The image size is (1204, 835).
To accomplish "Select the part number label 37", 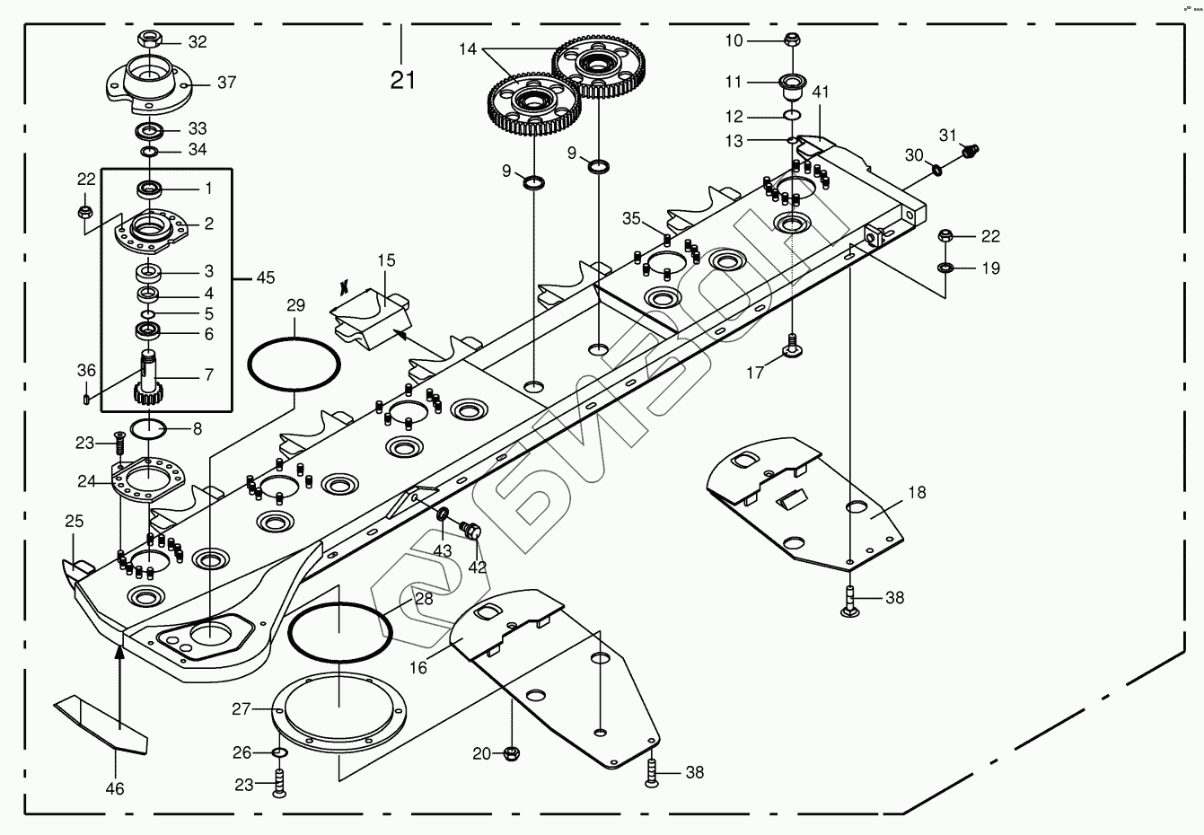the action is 227,83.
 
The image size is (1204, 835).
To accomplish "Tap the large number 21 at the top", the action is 402,81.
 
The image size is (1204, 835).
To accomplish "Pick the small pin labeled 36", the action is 86,399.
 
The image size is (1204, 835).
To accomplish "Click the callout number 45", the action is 266,277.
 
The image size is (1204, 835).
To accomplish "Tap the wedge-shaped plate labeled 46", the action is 101,724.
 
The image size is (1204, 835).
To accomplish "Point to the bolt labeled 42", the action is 470,530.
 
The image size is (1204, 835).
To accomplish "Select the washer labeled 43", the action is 444,514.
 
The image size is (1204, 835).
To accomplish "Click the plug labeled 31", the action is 971,151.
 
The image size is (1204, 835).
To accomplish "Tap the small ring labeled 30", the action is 936,170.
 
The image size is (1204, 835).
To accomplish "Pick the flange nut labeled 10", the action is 791,40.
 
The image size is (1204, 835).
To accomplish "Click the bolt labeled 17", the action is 792,345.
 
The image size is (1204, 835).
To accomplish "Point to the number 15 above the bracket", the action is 386,260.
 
